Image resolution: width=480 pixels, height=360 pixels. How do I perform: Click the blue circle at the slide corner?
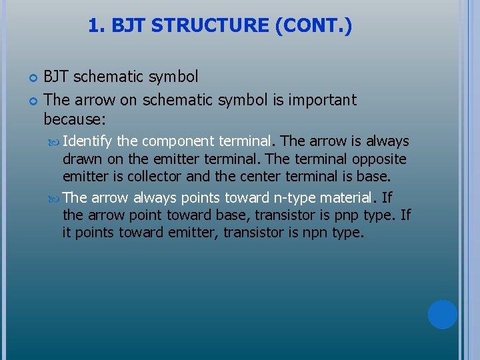pos(442,315)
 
